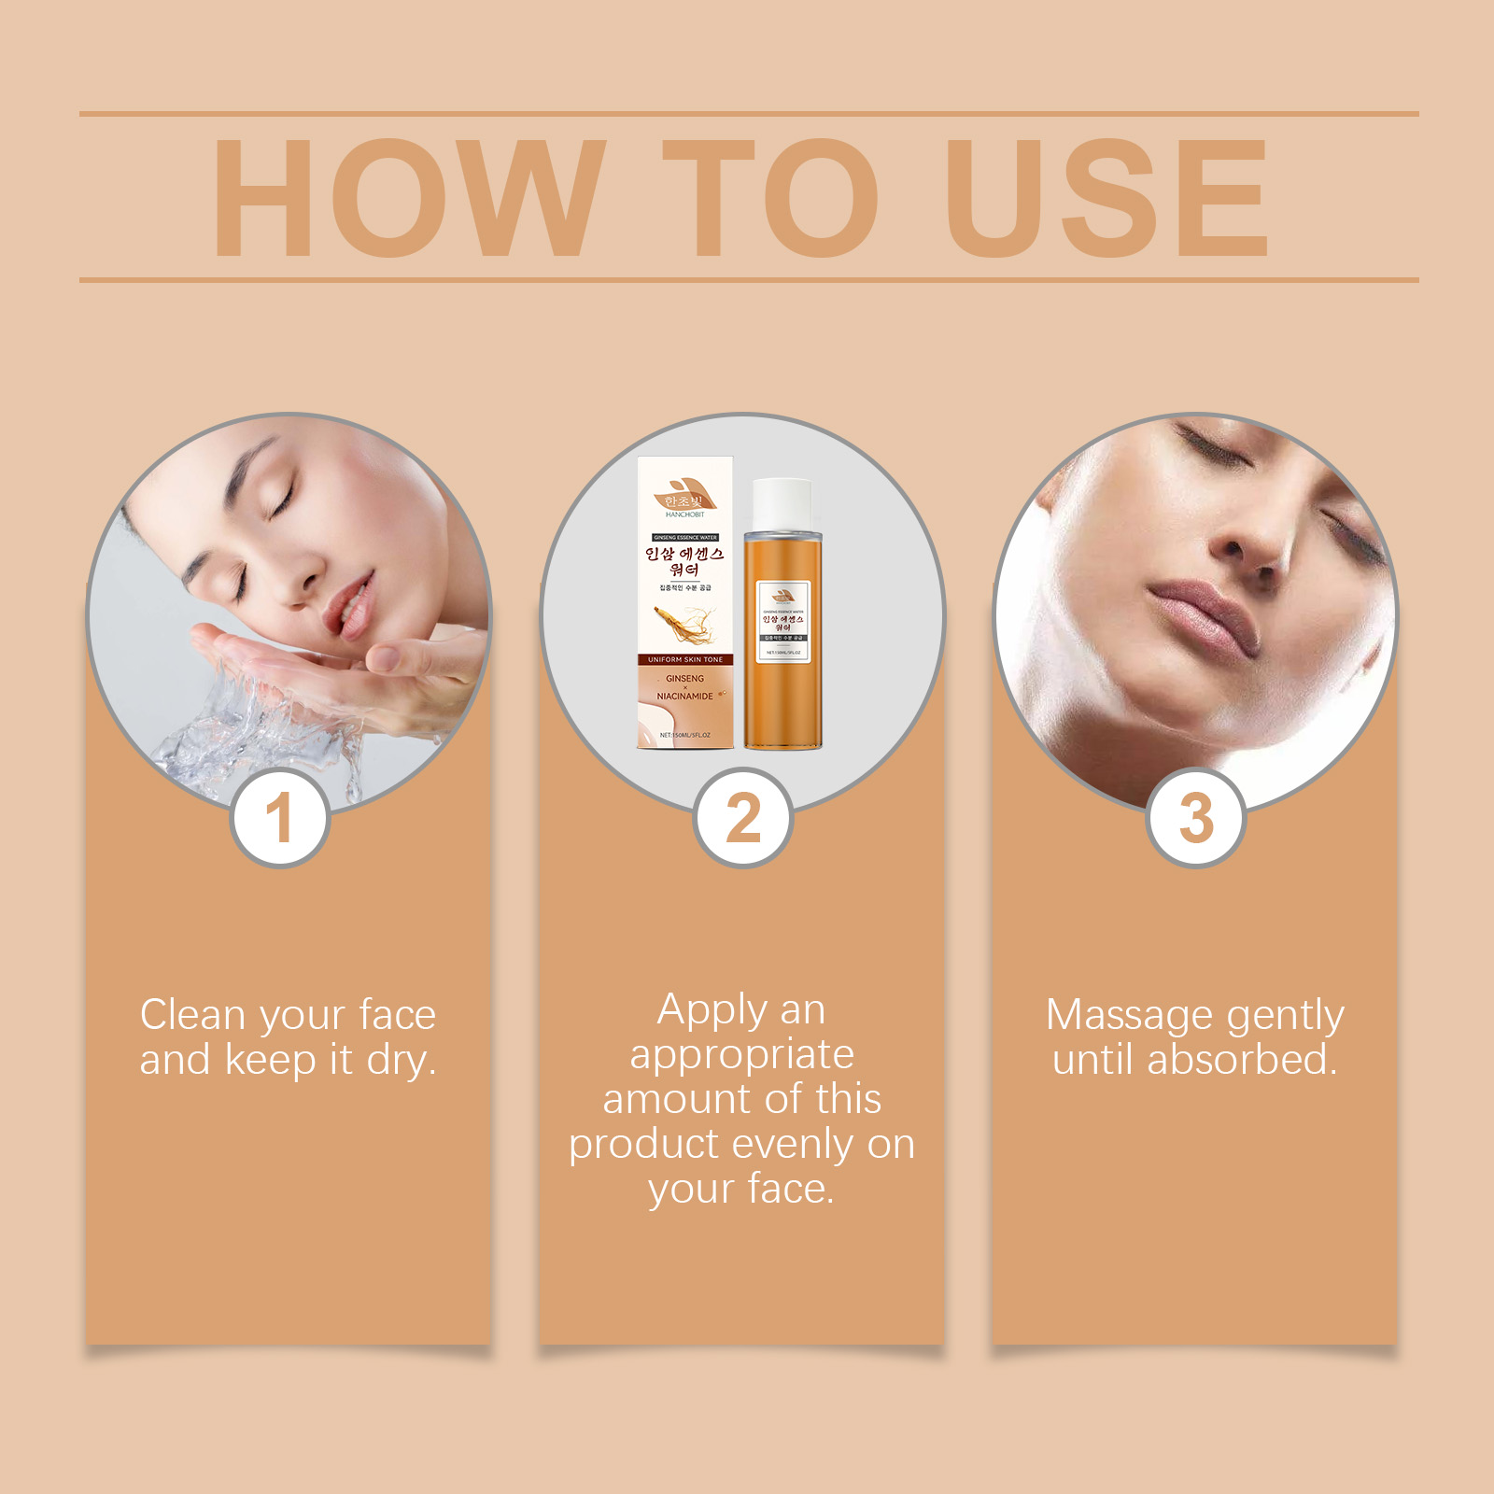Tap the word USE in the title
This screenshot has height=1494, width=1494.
(1106, 197)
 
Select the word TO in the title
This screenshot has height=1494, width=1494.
(770, 197)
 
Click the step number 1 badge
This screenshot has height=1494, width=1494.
(279, 818)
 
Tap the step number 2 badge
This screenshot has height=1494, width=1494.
(743, 818)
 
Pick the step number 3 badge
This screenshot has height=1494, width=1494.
(1196, 818)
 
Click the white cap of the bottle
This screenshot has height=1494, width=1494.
(782, 505)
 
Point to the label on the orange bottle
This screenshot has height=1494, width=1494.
(783, 621)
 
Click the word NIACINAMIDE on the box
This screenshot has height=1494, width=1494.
(684, 697)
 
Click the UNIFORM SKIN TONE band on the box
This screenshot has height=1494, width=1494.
(685, 659)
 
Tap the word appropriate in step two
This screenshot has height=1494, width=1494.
(742, 1055)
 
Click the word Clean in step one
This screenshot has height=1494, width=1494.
(192, 1015)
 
